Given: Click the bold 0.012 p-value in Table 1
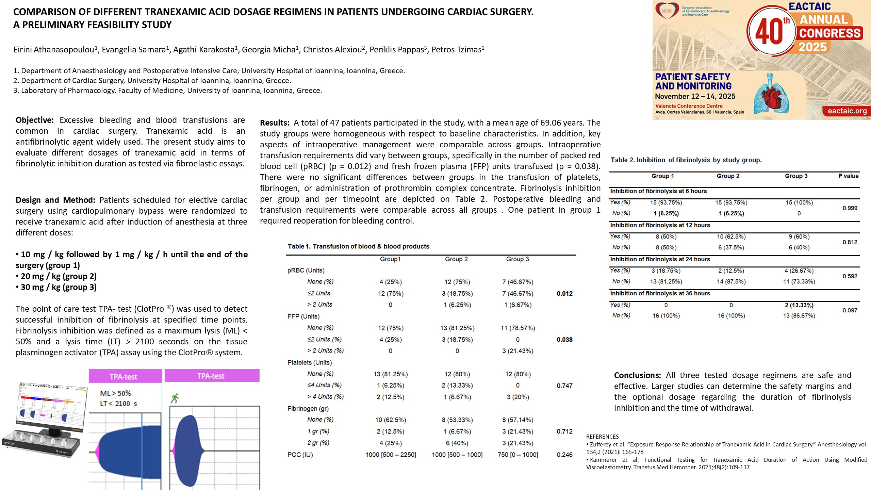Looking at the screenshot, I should (564, 293).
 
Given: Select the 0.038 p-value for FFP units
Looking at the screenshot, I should (564, 340).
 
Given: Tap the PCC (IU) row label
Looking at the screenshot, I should (300, 455).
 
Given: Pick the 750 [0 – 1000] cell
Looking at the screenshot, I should (517, 455).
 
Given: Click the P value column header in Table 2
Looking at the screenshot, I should (848, 176).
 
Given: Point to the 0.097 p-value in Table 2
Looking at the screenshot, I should (850, 310).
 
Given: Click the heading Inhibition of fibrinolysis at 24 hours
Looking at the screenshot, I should (660, 259).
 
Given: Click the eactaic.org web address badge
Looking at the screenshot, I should (847, 111).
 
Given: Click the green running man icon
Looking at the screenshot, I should (175, 398).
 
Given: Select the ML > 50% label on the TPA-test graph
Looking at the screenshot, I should (115, 393).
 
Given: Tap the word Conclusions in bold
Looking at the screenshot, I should (637, 375).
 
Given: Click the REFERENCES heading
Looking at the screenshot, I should (602, 437).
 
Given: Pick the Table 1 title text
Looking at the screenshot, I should (358, 246).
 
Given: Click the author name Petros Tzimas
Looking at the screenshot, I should (456, 50).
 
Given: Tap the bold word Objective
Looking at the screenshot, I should (34, 120).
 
